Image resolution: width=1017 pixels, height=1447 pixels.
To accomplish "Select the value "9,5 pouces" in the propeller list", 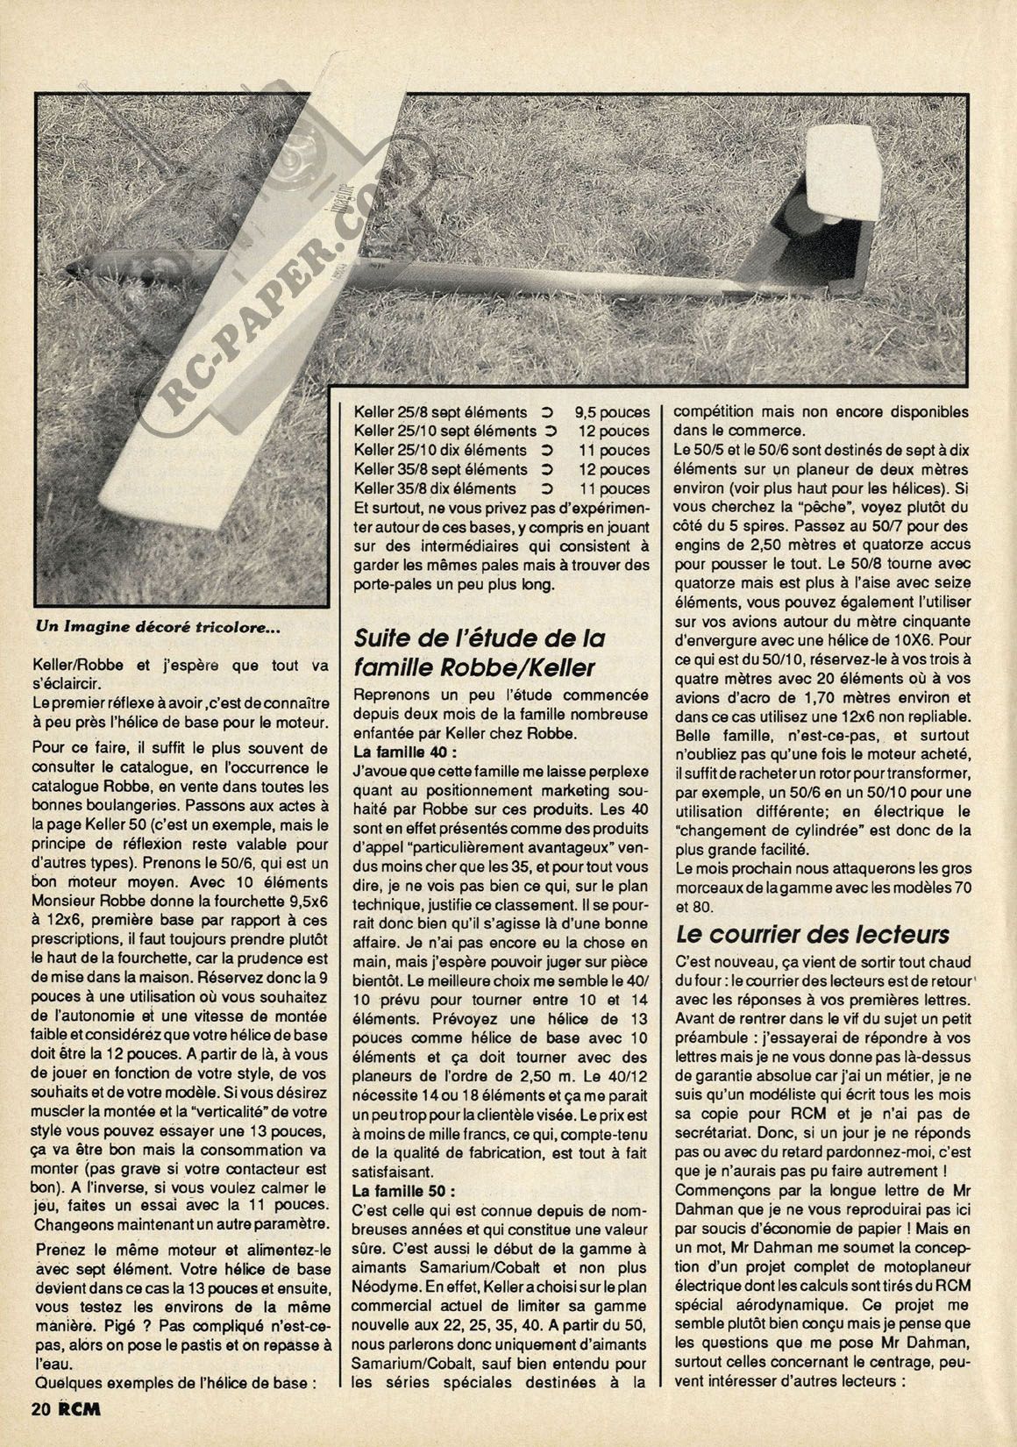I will (613, 411).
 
